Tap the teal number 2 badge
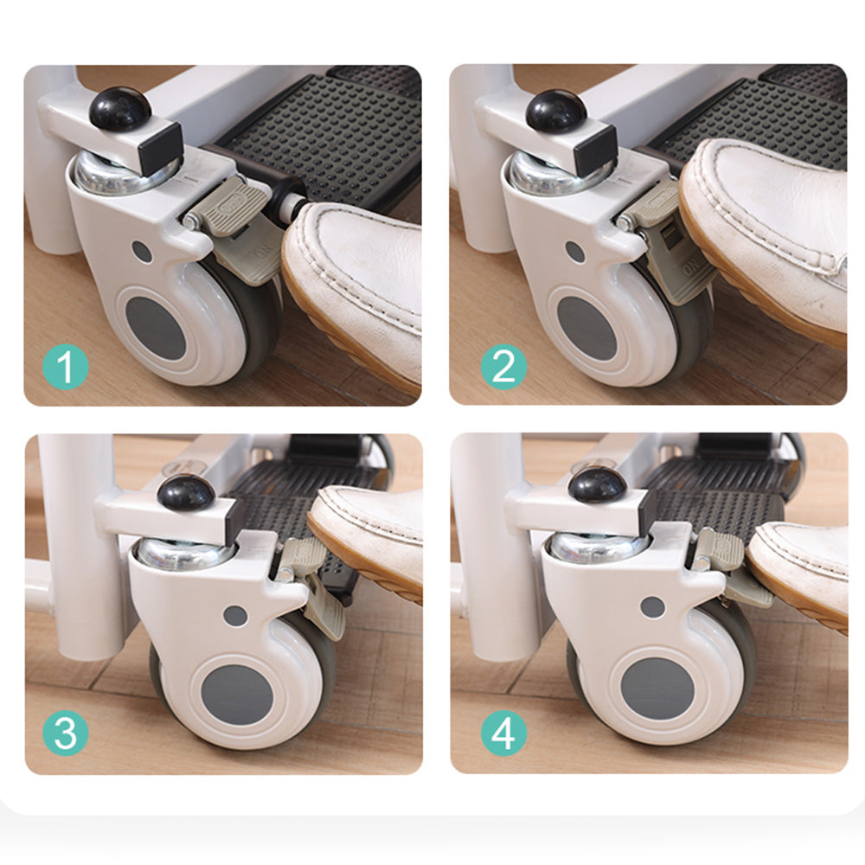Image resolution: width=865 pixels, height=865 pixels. [x=503, y=367]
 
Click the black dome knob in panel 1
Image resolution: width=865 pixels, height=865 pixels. [x=119, y=110]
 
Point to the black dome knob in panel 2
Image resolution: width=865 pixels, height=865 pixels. [x=556, y=111]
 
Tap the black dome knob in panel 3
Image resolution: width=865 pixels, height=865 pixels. [x=185, y=492]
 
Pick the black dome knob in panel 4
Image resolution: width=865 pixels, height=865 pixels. [x=596, y=484]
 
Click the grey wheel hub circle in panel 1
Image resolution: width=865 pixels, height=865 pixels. [x=156, y=328]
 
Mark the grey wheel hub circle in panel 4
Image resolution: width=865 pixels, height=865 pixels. [x=657, y=689]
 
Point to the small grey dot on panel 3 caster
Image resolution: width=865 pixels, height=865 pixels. [x=235, y=616]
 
